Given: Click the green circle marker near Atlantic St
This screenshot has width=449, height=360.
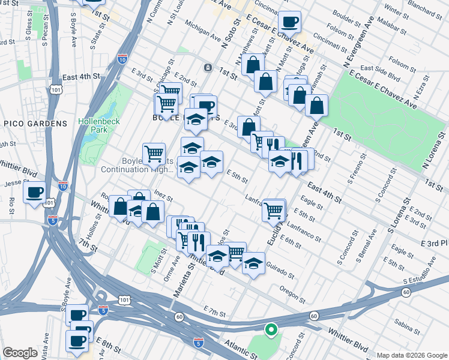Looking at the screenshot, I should pos(271,329).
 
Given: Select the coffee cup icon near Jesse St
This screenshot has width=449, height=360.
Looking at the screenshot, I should pos(34,192).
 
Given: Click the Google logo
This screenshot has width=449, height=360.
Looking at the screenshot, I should pos(20,353).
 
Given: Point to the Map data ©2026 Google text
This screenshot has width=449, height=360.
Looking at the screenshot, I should pos(412,355).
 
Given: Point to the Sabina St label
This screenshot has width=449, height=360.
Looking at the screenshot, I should pos(408,328).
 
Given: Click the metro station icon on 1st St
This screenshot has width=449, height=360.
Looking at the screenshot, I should pos(208,67).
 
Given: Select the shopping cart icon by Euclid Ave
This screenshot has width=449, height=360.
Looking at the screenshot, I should pos(274,210).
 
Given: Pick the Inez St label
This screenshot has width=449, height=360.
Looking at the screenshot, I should pos(163,196).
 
